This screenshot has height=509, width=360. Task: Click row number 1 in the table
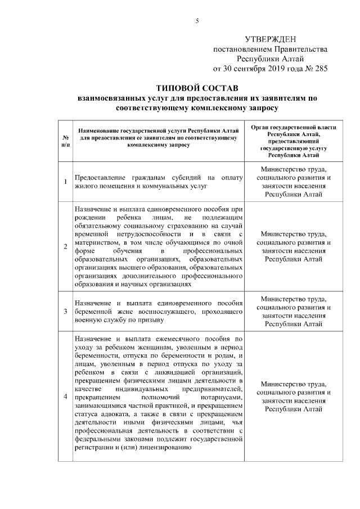pos(66,181)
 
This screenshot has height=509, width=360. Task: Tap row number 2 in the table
pos(66,246)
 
